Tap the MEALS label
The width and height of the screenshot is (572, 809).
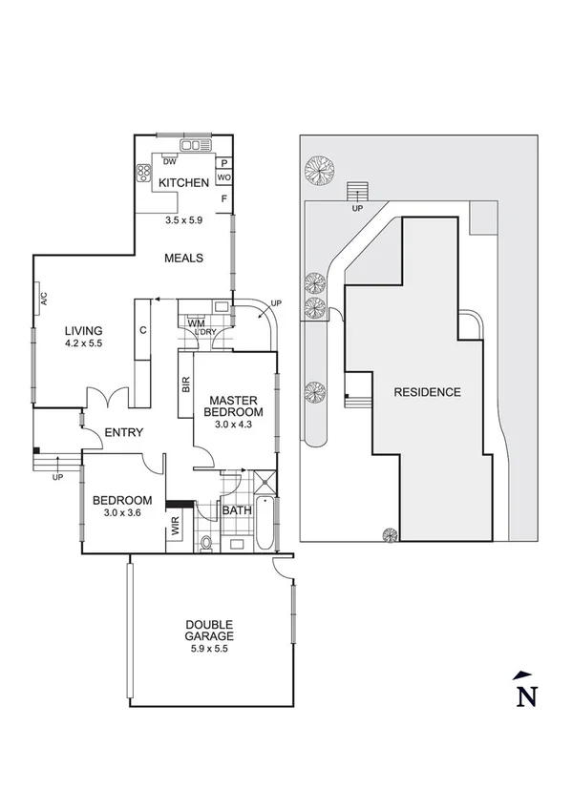183,258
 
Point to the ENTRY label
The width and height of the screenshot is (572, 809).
124,432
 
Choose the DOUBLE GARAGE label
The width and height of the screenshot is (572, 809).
209,631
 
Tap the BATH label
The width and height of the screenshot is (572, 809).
236,510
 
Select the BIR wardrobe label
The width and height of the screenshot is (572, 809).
185,384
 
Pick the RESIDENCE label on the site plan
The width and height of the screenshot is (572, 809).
427,392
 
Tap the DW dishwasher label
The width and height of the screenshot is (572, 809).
169,161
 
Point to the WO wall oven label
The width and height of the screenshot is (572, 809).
223,177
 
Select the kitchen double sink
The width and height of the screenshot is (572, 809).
195,145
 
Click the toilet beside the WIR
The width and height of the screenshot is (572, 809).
205,544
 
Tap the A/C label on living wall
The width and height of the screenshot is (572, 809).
44,298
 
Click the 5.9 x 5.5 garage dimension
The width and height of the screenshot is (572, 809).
209,648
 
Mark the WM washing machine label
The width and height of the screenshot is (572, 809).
196,324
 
